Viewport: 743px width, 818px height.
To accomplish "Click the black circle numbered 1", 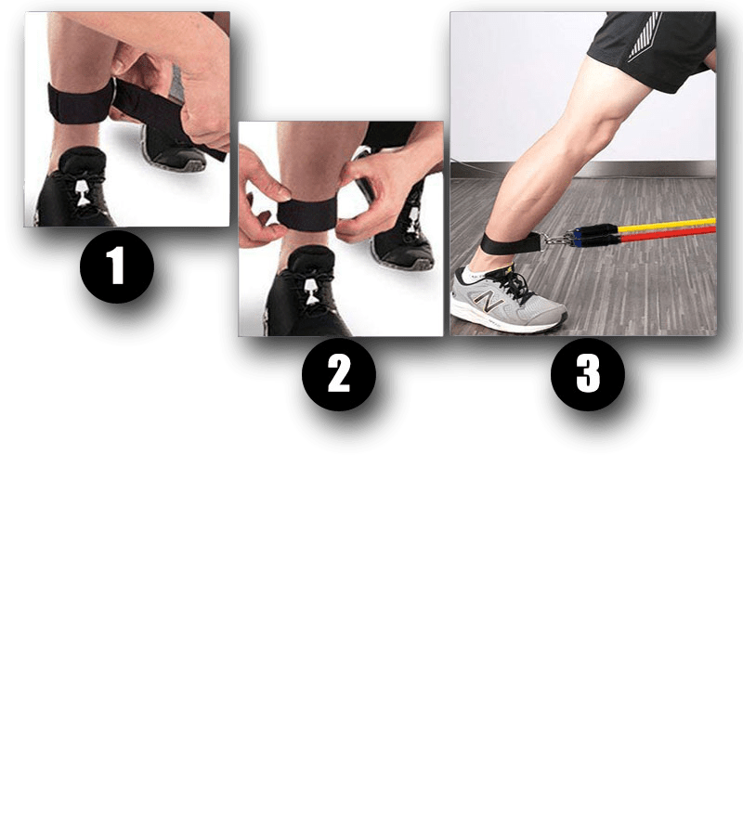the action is [x=117, y=266].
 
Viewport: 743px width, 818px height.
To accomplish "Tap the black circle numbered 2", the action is [x=339, y=374].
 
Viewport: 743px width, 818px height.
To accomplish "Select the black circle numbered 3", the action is [x=588, y=374].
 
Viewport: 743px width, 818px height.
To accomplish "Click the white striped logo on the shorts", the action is [x=645, y=36].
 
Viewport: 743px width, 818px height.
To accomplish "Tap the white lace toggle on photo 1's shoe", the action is [x=82, y=193].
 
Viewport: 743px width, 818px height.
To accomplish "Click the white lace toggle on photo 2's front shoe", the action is [x=311, y=291].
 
